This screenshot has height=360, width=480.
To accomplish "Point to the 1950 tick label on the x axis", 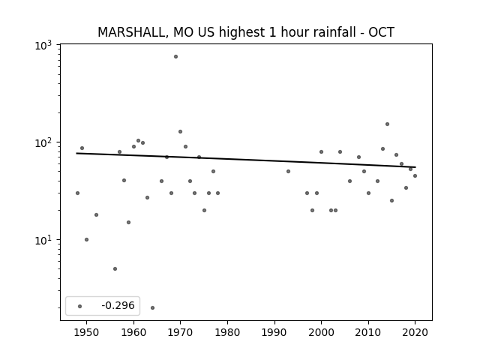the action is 87,332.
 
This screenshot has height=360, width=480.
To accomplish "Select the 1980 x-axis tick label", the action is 227,332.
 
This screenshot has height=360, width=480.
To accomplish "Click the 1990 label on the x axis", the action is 274,332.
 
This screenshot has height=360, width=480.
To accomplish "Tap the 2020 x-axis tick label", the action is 415,332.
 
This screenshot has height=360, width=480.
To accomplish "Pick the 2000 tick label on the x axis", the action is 321,332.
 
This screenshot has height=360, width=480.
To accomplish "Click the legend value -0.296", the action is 118,305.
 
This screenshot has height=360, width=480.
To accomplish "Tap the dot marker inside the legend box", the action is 80,306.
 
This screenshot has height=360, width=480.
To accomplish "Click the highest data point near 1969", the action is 175,57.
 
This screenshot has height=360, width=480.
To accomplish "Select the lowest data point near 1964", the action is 152,307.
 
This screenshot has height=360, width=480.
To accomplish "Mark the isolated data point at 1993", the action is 288,172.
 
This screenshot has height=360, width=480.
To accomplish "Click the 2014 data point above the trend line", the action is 387,124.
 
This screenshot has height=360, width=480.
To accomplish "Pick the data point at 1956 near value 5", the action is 115,268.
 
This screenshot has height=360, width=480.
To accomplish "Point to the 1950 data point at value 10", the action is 87,240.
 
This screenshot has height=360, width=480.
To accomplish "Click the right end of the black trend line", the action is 415,167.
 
